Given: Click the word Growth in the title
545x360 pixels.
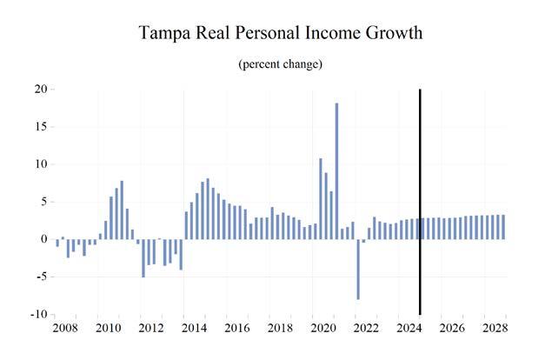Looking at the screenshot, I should coord(390,34).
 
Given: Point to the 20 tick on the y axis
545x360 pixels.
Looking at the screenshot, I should coord(40,89).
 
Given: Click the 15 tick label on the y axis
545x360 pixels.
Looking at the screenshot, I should coord(40,126).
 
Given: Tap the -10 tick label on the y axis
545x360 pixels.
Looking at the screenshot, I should coord(37,314).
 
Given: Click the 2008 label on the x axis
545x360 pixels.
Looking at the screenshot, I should coord(65,329).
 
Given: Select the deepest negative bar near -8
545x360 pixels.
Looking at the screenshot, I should coord(358,269).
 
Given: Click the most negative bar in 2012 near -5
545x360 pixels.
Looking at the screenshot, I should coord(143,258).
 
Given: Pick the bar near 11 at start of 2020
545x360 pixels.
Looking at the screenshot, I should coord(321,198).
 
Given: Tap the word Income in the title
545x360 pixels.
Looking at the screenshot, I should coord(317,34).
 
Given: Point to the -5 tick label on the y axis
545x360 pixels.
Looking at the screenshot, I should coord(40,277).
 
